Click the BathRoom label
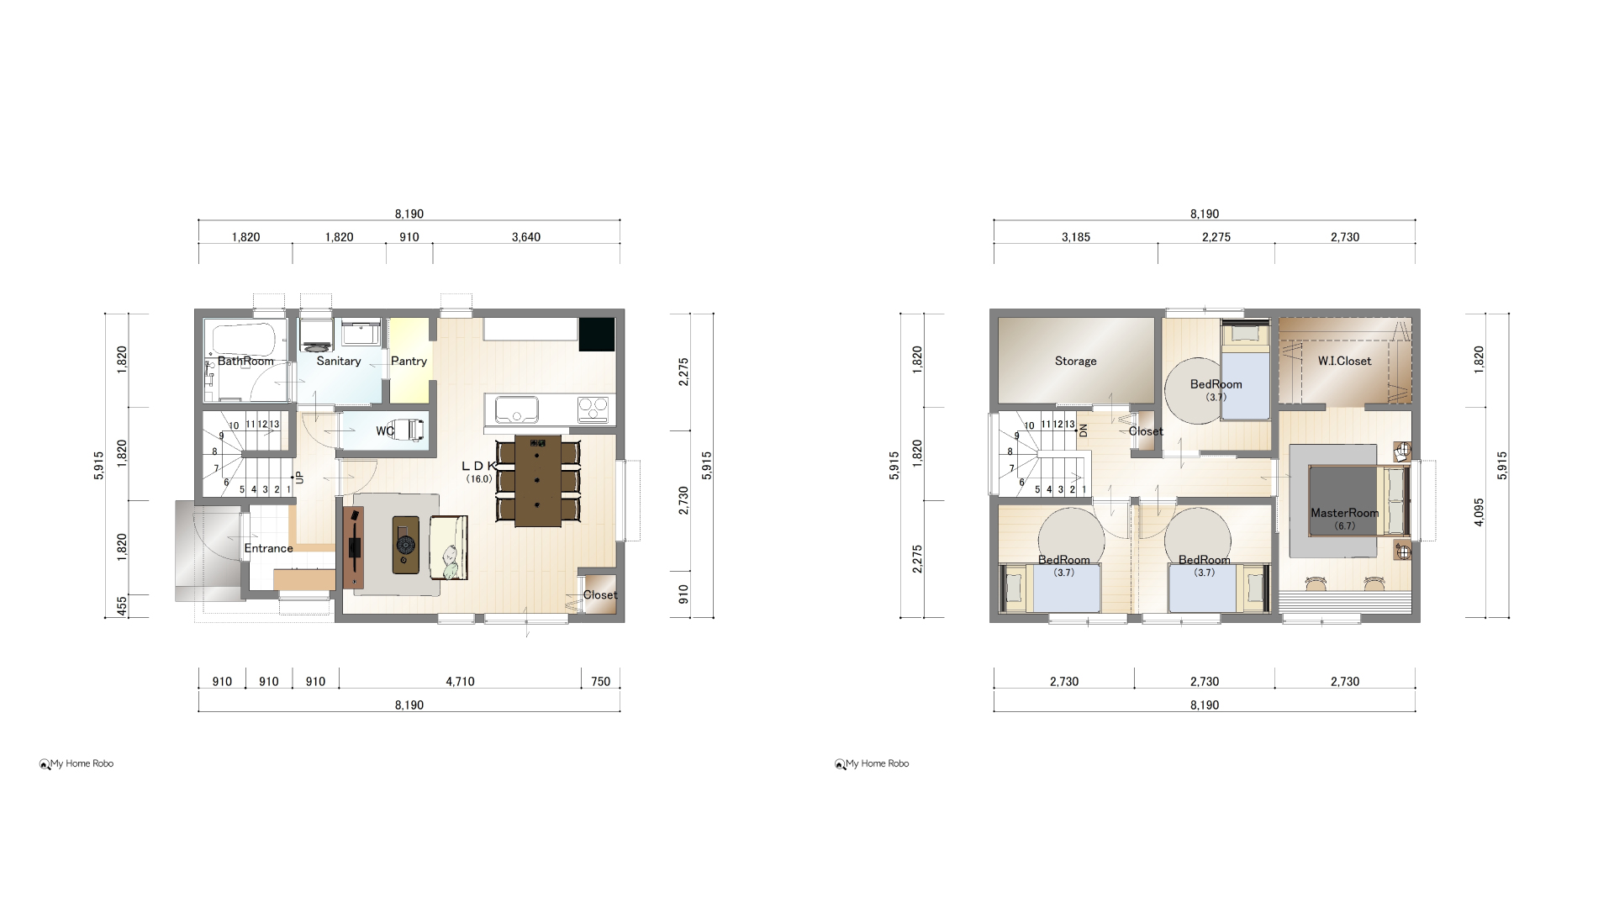click(x=245, y=362)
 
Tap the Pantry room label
click(x=409, y=362)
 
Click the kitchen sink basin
click(x=516, y=409)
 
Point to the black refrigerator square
click(x=597, y=334)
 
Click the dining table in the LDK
click(x=538, y=481)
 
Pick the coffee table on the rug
click(x=406, y=545)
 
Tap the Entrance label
click(x=269, y=548)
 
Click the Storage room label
click(x=1076, y=362)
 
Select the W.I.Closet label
click(x=1344, y=362)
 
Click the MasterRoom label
click(x=1344, y=513)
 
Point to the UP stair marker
click(x=300, y=478)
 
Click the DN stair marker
click(x=1084, y=430)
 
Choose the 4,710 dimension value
click(x=460, y=682)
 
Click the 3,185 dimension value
click(x=1076, y=237)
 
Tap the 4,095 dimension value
click(x=1479, y=513)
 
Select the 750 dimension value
click(x=601, y=682)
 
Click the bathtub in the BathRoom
click(x=244, y=338)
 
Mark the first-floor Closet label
click(x=600, y=595)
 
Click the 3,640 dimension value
click(x=526, y=237)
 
